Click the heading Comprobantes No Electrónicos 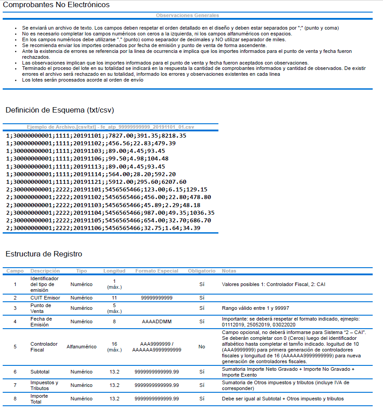pyautogui.click(x=56, y=5)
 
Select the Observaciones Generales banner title pyautogui.click(x=187, y=15)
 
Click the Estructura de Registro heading pyautogui.click(x=44, y=254)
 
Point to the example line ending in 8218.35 pyautogui.click(x=96, y=135)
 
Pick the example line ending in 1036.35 pyautogui.click(x=110, y=213)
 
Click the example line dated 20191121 pyautogui.click(x=96, y=182)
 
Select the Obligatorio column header pyautogui.click(x=201, y=271)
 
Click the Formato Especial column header pyautogui.click(x=157, y=271)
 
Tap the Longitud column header pyautogui.click(x=114, y=271)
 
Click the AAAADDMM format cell pyautogui.click(x=157, y=321)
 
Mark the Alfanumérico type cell pyautogui.click(x=81, y=347)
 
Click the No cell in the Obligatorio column pyautogui.click(x=201, y=347)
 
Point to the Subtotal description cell pyautogui.click(x=40, y=372)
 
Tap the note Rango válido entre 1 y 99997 pyautogui.click(x=256, y=308)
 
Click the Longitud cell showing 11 pyautogui.click(x=114, y=298)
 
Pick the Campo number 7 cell pyautogui.click(x=15, y=385)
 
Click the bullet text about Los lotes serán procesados pyautogui.click(x=83, y=80)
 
